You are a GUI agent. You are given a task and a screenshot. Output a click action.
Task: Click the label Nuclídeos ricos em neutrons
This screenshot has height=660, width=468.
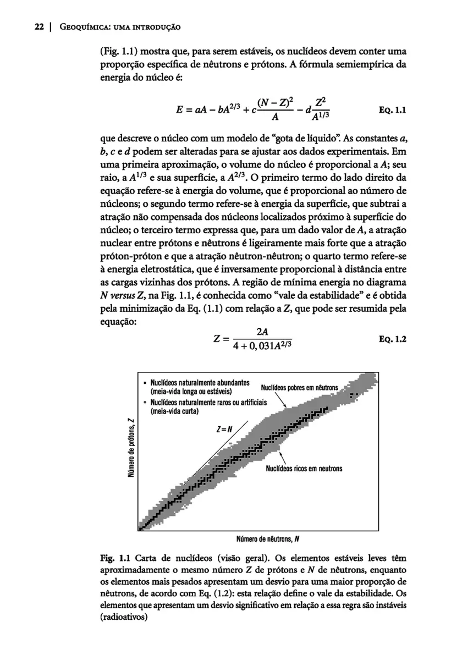tap(304, 469)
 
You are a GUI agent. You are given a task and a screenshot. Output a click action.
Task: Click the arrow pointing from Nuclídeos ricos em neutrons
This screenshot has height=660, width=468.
tap(283, 457)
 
